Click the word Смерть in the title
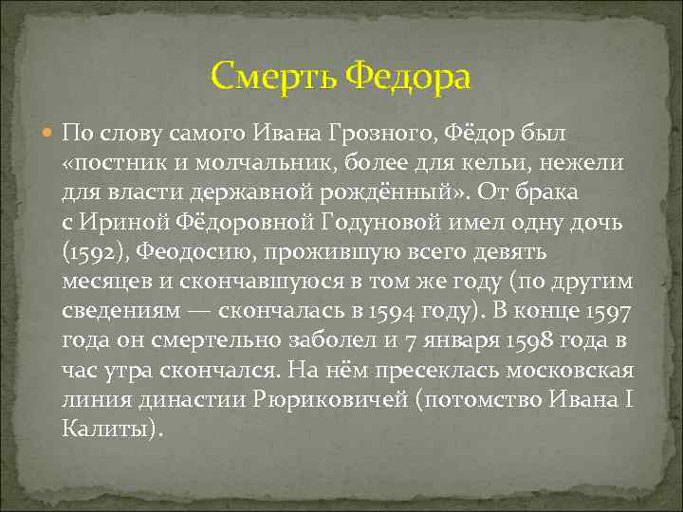click(x=274, y=76)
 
